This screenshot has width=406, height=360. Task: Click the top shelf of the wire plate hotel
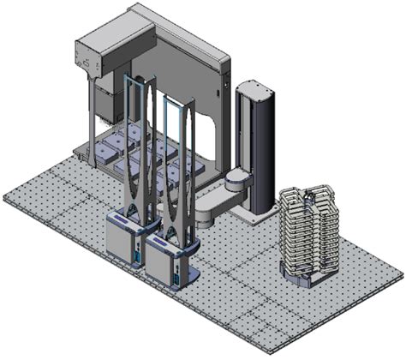[x=310, y=194]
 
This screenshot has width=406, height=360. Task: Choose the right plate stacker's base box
[x=170, y=258]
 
